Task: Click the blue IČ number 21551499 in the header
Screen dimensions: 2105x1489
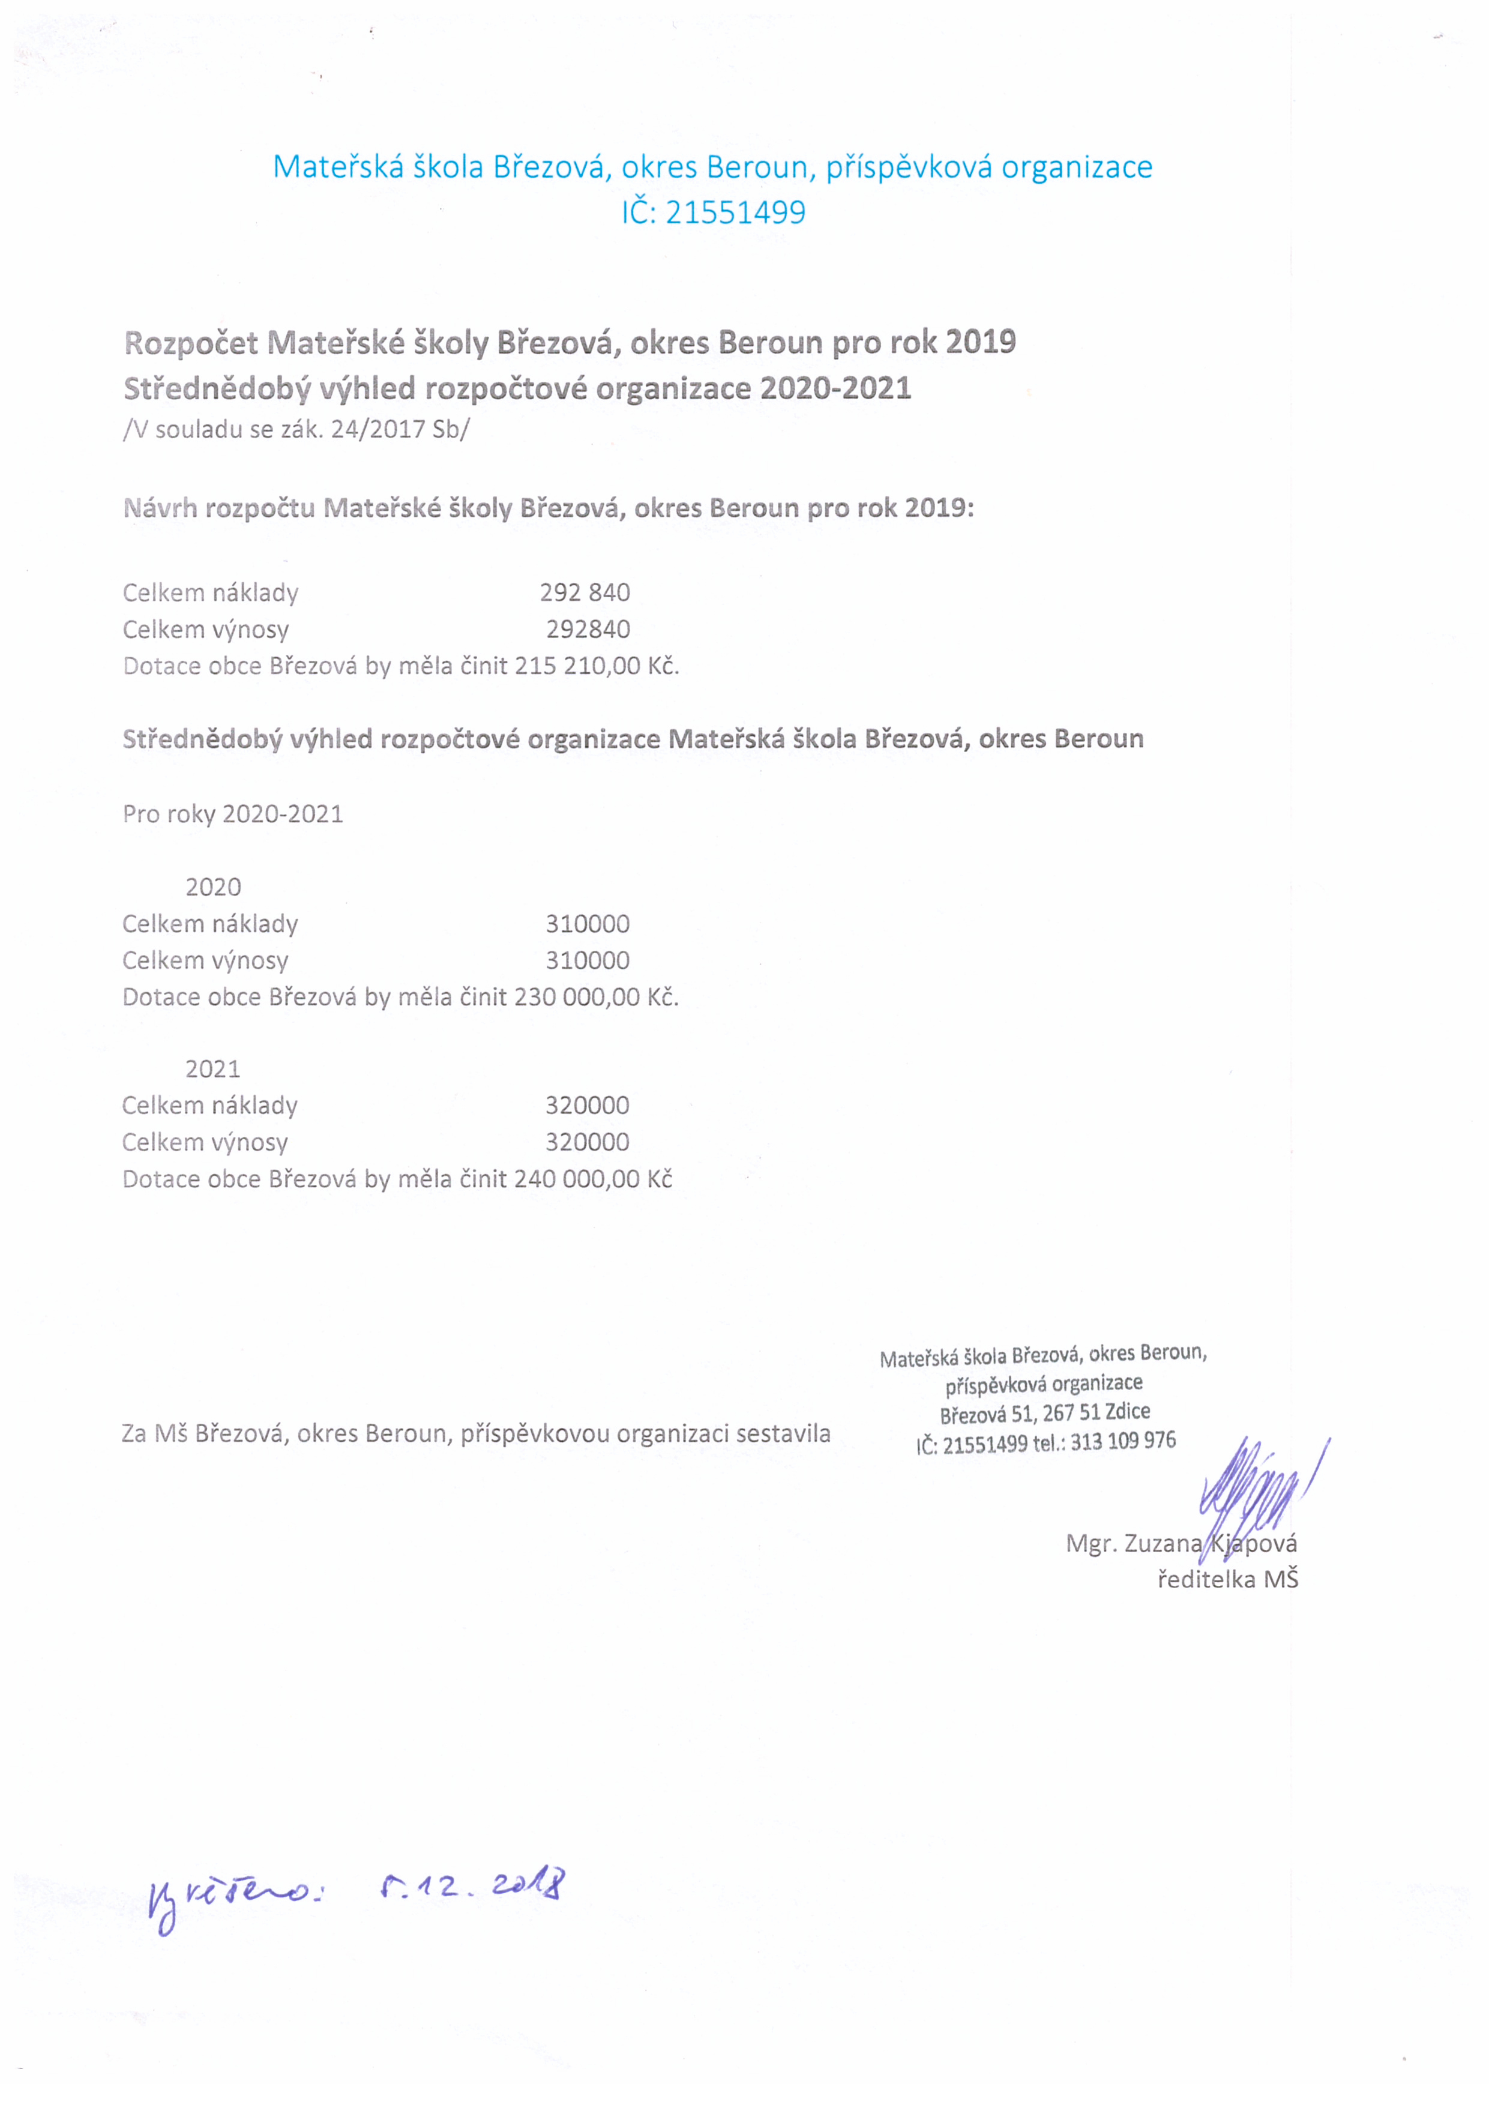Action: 735,212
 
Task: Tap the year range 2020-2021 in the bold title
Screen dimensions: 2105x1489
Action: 835,389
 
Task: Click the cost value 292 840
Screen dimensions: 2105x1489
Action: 585,593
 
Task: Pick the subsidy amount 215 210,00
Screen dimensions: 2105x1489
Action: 577,666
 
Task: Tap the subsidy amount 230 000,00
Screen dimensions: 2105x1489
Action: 577,998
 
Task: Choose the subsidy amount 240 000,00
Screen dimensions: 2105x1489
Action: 577,1179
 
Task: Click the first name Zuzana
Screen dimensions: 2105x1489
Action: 1163,1544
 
